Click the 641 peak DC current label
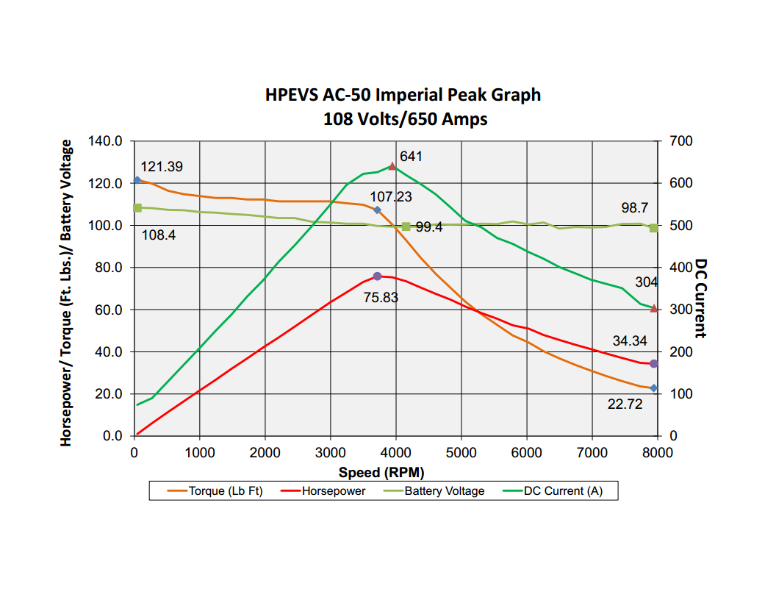(x=411, y=157)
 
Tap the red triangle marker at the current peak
(x=392, y=166)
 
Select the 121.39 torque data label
(x=162, y=167)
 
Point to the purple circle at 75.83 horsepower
(x=377, y=276)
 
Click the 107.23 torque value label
(x=391, y=197)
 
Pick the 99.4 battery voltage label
(x=429, y=227)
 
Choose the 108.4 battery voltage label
(x=158, y=235)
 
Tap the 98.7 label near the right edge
(x=635, y=209)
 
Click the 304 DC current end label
(x=646, y=282)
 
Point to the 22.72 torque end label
(x=625, y=404)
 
